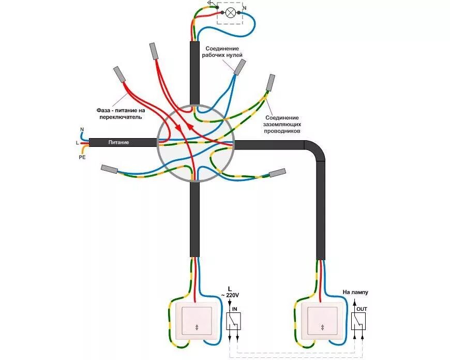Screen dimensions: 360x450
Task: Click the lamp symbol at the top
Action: [232, 11]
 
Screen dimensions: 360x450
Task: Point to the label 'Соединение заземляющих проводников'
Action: [282, 124]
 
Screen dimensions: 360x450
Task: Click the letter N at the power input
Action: [82, 129]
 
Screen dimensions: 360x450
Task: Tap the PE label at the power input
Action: [82, 157]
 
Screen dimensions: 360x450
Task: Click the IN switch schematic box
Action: [233, 322]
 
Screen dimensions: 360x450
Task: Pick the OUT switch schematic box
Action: [358, 322]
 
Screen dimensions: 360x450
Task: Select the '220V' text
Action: [231, 295]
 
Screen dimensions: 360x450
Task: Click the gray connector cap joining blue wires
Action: [239, 67]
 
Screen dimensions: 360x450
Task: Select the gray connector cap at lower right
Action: [278, 173]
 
